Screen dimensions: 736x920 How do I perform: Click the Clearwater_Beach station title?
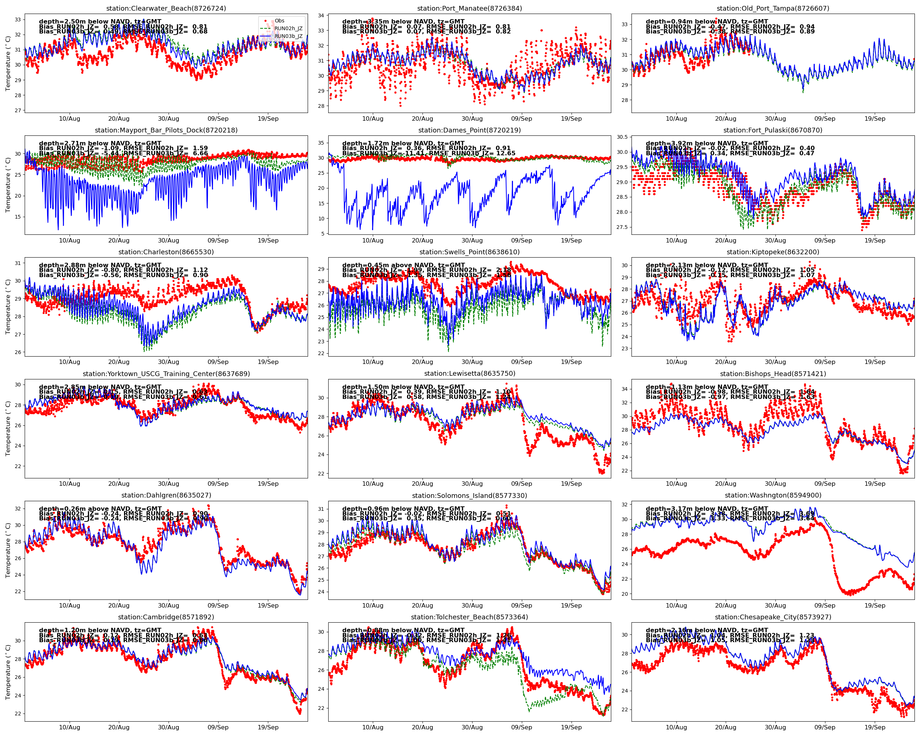[166, 8]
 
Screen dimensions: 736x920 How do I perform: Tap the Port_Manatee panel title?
[470, 8]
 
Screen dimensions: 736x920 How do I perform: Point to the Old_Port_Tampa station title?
[773, 8]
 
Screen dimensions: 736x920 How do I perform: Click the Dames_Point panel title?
[470, 130]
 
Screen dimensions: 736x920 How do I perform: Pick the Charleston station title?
[166, 252]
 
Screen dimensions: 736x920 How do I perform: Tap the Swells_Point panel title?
[470, 252]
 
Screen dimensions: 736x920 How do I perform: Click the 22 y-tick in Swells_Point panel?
[321, 353]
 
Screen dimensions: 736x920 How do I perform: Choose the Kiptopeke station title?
[773, 252]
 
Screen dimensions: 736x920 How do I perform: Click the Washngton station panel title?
[773, 495]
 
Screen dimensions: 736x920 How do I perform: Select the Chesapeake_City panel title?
[773, 617]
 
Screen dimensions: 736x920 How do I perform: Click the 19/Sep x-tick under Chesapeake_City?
[875, 728]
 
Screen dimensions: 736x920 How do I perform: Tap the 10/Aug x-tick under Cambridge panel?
[69, 728]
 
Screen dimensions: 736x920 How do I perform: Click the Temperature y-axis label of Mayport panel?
[8, 185]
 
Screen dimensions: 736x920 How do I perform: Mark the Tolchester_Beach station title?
[470, 617]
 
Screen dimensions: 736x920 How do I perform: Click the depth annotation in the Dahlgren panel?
[100, 509]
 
